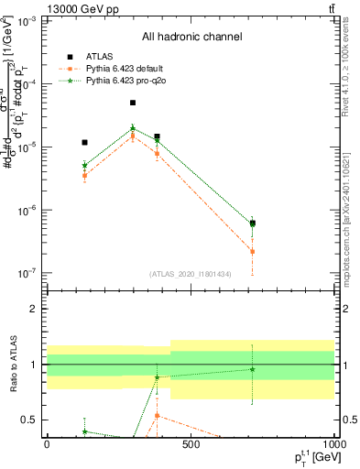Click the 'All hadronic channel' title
pos(191,37)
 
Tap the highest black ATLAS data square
pos(133,104)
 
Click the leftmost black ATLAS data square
pos(84,143)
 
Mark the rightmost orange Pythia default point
pos(252,251)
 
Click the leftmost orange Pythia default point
pos(84,176)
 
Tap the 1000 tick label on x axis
pos(333,445)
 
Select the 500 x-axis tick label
pos(190,445)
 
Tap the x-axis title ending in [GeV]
pos(309,457)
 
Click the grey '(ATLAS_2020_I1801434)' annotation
pos(191,274)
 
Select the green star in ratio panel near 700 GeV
pos(252,369)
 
